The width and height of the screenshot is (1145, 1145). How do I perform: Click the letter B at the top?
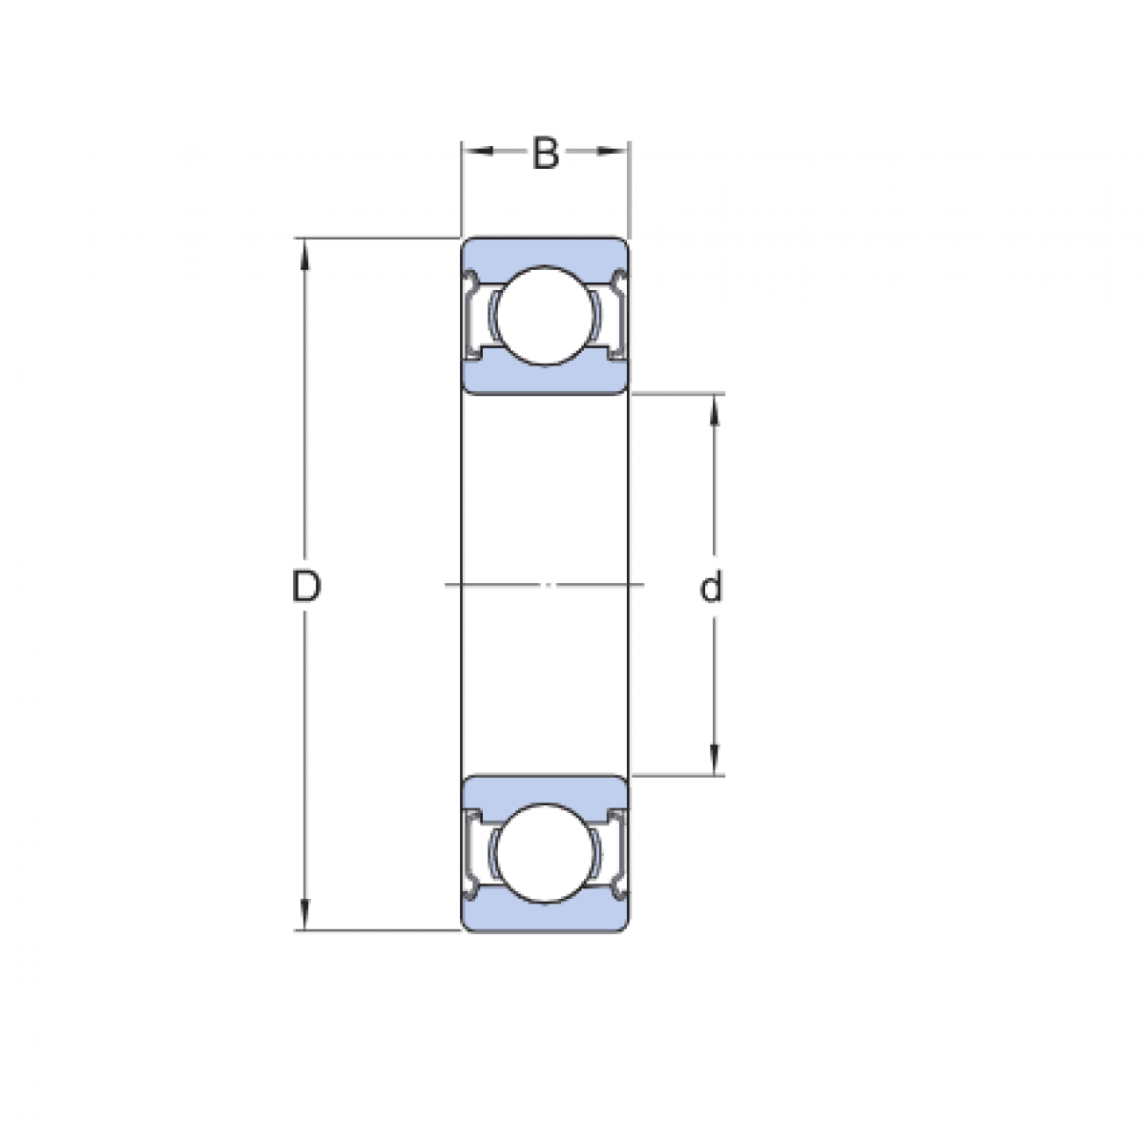click(545, 153)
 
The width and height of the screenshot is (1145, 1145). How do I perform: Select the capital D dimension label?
click(305, 587)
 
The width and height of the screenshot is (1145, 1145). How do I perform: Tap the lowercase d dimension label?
click(711, 588)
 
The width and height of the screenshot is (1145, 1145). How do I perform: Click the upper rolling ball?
click(545, 314)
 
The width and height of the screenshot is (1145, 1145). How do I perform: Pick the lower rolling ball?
click(545, 853)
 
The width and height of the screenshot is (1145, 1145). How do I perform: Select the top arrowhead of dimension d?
click(715, 406)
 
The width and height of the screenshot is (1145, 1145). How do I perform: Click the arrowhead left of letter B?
click(475, 151)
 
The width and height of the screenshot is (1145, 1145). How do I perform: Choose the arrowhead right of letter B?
click(615, 151)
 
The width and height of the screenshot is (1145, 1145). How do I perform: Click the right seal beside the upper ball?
click(618, 315)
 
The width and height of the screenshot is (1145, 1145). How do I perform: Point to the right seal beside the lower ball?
click(618, 853)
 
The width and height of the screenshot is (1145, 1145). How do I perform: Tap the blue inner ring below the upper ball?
click(545, 379)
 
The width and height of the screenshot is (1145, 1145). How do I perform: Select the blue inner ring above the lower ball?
click(545, 789)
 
